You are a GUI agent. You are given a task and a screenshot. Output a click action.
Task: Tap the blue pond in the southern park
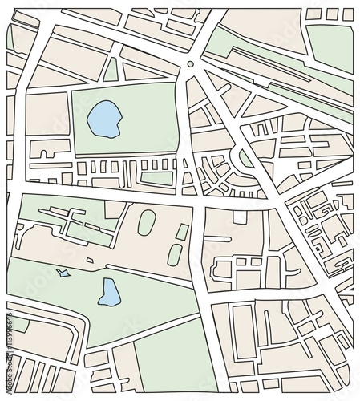(x=108, y=293)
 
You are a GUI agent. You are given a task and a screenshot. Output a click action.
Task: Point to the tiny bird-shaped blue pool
(x=63, y=274)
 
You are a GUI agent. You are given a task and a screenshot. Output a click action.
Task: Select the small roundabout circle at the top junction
(x=190, y=63)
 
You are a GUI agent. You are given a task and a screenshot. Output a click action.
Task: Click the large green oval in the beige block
(x=146, y=222)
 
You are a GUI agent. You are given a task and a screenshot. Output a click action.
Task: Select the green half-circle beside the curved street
(x=246, y=158)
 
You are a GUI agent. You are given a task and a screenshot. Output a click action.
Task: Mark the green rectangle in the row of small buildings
(x=157, y=178)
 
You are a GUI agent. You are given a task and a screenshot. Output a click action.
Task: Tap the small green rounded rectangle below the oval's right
(x=175, y=254)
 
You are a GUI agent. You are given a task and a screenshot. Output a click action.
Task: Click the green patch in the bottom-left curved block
(x=18, y=325)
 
